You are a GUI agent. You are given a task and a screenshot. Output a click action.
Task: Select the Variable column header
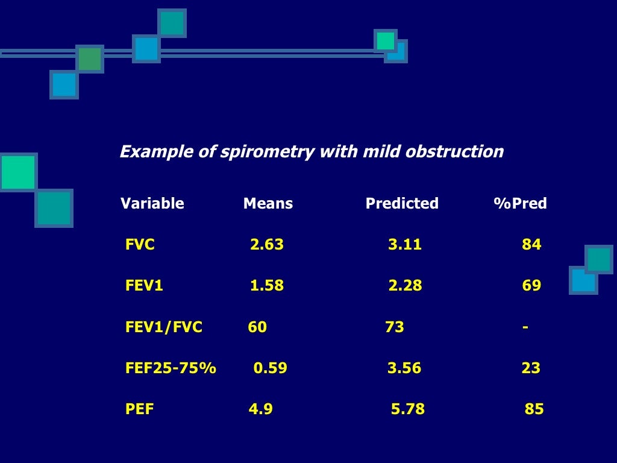[x=152, y=204]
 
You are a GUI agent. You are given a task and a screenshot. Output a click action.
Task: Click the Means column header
[x=268, y=204]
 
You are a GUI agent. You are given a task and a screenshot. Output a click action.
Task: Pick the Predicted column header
[x=402, y=204]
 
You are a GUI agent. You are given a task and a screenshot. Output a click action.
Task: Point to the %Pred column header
[x=520, y=204]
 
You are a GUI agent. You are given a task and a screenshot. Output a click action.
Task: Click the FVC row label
[x=140, y=245]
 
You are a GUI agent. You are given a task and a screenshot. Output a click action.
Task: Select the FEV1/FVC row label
[x=164, y=327]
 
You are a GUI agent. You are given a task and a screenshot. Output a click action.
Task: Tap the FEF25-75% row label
[x=171, y=368]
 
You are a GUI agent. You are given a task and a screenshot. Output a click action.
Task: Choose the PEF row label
[x=140, y=410]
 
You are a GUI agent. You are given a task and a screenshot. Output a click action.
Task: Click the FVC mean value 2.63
[x=267, y=245]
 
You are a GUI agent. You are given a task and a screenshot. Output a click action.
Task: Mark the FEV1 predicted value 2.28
[x=405, y=286]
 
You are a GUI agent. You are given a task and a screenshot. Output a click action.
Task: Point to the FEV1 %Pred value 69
[x=531, y=286]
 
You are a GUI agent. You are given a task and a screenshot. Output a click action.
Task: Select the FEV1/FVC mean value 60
[x=257, y=327]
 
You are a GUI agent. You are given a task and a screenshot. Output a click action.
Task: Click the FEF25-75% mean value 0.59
[x=271, y=368]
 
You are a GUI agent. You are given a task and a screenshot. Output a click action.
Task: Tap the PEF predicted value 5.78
[x=408, y=410]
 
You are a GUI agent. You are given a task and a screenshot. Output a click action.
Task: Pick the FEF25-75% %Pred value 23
[x=531, y=368]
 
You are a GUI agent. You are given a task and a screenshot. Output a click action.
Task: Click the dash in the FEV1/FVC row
[x=525, y=327]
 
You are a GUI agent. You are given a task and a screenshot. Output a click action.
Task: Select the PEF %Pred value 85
[x=534, y=410]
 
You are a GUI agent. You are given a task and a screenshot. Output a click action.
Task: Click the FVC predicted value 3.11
[x=405, y=245]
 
